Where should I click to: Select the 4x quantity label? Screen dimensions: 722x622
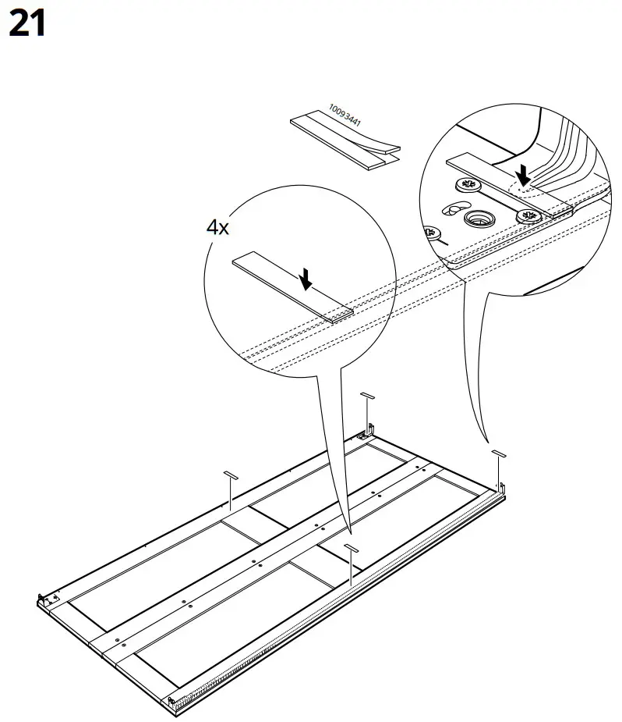217,227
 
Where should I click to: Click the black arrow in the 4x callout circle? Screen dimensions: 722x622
308,276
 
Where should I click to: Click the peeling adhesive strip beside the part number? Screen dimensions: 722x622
343,143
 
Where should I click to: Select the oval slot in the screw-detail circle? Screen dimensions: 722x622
452,209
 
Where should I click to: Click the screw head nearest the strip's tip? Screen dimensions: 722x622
530,216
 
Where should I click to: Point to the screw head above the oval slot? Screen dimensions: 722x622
469,185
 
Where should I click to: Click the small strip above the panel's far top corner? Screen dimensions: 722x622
368,397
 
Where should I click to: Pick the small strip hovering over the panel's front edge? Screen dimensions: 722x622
352,548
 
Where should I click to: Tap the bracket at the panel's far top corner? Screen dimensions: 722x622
369,429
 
